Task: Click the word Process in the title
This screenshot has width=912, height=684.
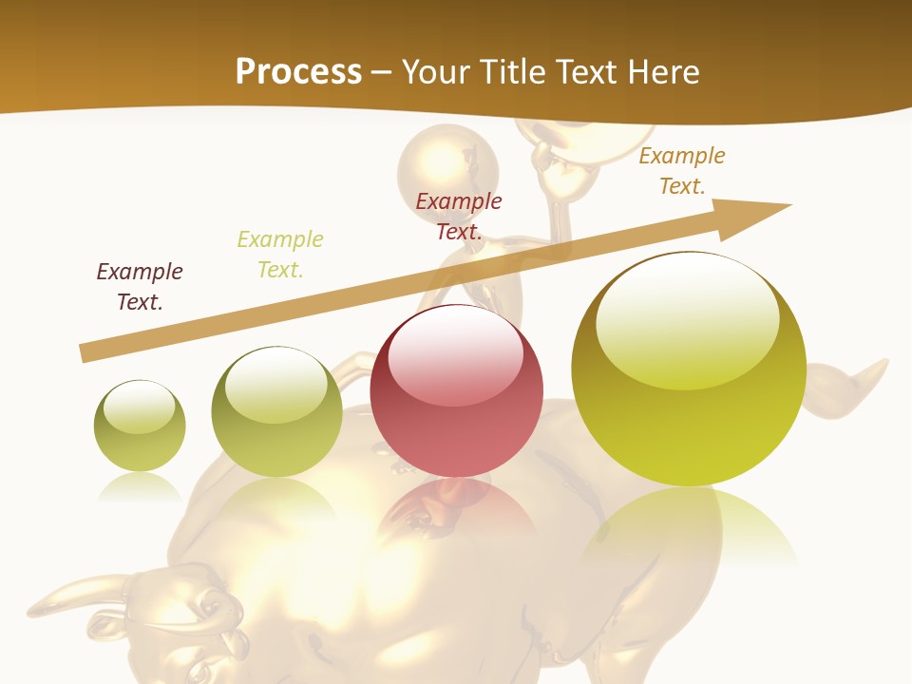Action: (298, 72)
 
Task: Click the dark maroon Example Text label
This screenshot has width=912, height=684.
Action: (140, 286)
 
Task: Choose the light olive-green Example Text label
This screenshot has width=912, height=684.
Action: (280, 254)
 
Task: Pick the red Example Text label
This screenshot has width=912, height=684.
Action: (459, 216)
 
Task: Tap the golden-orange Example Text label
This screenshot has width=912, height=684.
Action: (682, 170)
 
